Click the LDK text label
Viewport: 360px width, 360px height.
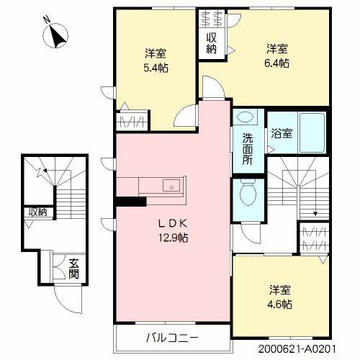coord(170,222)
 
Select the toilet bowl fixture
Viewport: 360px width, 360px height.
coord(248,193)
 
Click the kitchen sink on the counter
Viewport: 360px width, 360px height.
coord(171,185)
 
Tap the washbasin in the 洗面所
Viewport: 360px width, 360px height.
coord(246,118)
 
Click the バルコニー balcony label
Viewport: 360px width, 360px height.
coord(173,337)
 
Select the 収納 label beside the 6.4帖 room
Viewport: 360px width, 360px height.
coord(211,43)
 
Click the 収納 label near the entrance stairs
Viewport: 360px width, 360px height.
coord(37,212)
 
